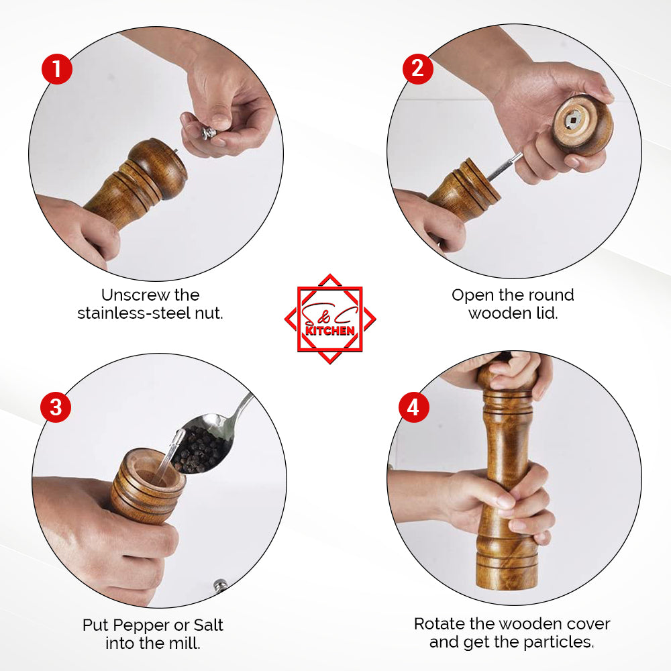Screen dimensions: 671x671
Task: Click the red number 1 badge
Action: point(57,69)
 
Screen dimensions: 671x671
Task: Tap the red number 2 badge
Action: point(417,69)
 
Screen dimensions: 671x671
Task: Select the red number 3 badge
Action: point(56,407)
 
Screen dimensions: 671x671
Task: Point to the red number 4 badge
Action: point(414,407)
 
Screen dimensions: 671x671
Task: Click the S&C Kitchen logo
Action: point(330,319)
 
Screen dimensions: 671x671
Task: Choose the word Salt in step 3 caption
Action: point(209,625)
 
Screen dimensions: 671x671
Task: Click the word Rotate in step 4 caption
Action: point(440,624)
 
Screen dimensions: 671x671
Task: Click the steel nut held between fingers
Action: point(209,133)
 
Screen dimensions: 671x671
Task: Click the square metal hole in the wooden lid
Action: point(572,121)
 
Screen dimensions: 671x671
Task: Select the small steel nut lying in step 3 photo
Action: point(220,584)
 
